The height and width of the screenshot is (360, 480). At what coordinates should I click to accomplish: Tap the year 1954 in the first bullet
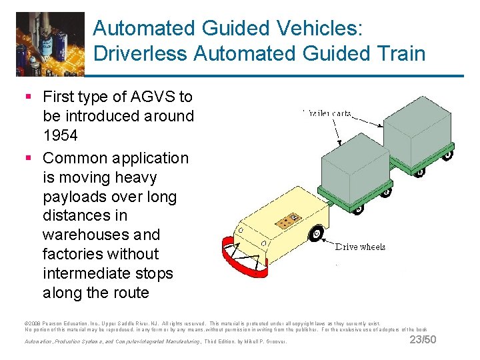coord(60,135)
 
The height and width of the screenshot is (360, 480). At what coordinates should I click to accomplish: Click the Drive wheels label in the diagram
coord(360,247)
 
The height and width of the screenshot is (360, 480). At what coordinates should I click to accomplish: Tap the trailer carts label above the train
coord(326,113)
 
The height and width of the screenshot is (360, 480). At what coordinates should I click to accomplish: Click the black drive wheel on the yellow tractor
coord(316,233)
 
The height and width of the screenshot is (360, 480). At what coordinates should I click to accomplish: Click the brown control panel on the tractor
coord(289,221)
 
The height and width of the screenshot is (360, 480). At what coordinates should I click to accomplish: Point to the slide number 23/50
coord(423,340)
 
